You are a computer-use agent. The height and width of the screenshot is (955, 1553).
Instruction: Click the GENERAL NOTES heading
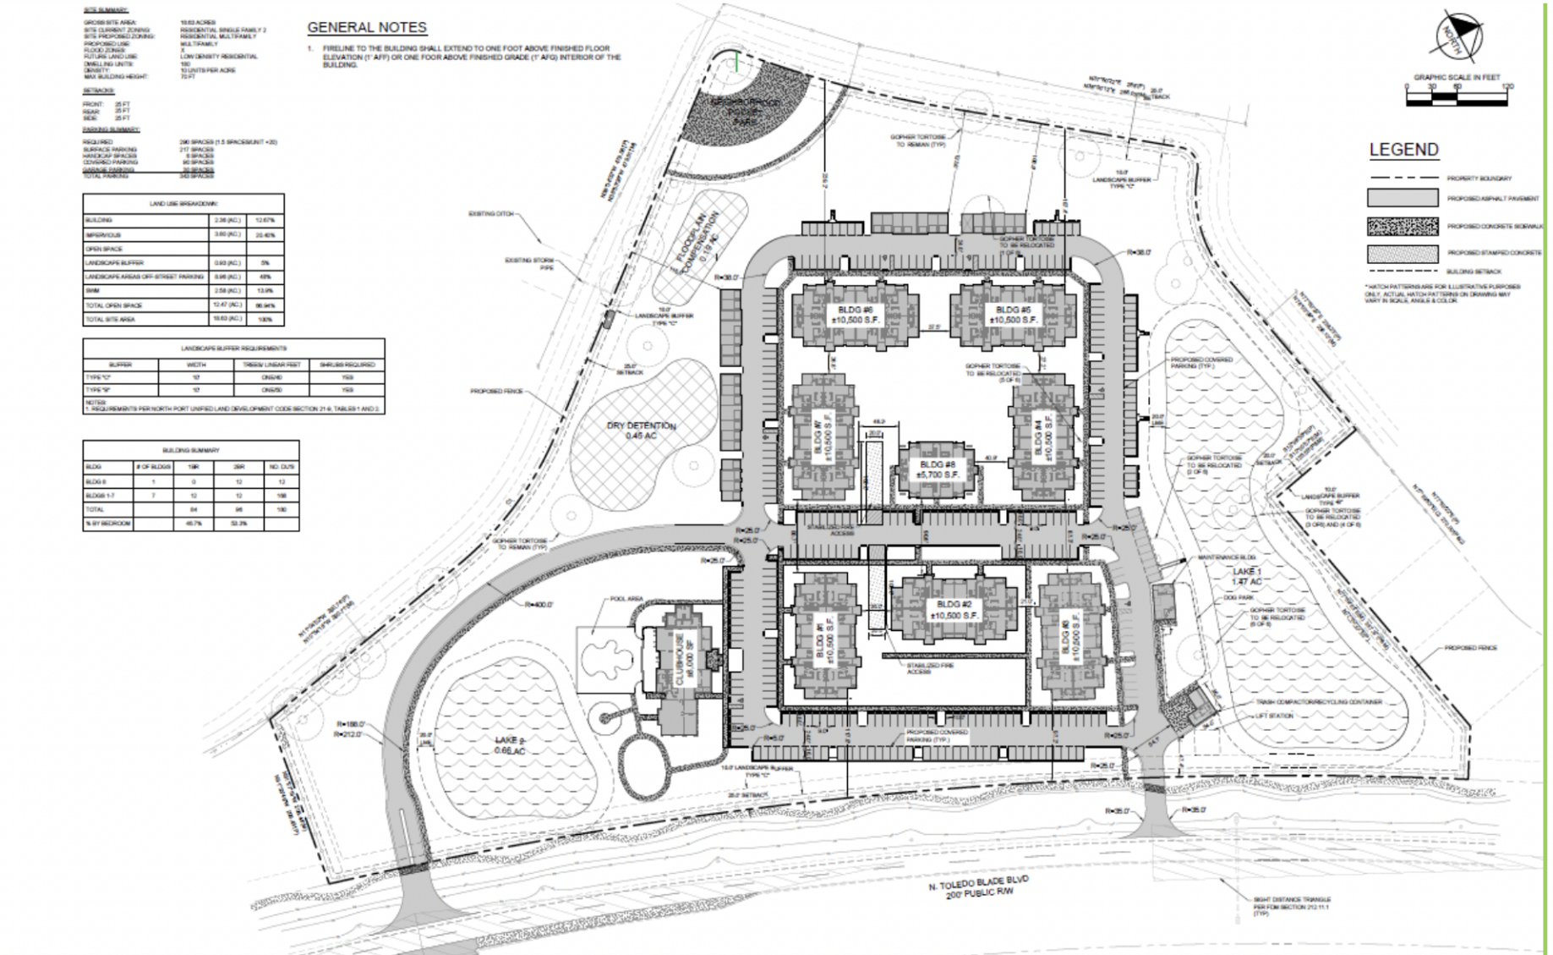(x=367, y=28)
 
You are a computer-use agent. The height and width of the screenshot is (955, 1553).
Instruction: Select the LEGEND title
(x=1403, y=150)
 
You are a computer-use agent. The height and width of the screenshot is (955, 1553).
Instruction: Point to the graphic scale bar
(x=1457, y=99)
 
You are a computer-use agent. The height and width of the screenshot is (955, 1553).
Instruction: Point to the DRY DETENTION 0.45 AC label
(x=641, y=431)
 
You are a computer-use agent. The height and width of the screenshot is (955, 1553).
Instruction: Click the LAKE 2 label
(x=511, y=745)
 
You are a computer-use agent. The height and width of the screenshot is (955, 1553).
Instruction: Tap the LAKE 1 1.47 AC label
(x=1247, y=577)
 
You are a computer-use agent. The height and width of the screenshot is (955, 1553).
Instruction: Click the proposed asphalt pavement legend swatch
(x=1402, y=198)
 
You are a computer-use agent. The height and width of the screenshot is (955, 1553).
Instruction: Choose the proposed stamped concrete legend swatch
(x=1402, y=253)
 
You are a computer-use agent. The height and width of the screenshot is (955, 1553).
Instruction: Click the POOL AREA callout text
(x=626, y=599)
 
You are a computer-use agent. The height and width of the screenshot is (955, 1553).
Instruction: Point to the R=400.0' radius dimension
(x=538, y=605)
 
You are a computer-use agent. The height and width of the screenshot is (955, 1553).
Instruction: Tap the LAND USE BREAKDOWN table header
(x=183, y=203)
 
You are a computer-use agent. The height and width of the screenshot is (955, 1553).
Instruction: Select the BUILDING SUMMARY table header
(x=191, y=450)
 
